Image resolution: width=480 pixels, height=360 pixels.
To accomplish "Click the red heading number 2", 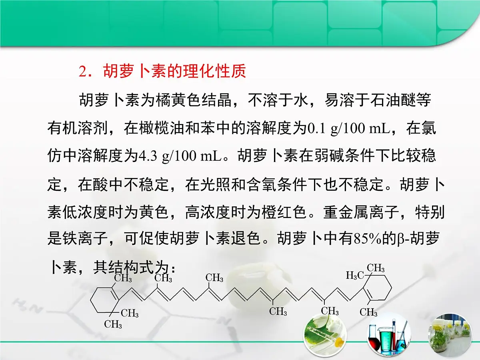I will [83, 72].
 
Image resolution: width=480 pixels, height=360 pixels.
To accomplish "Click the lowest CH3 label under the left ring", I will [113, 324].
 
